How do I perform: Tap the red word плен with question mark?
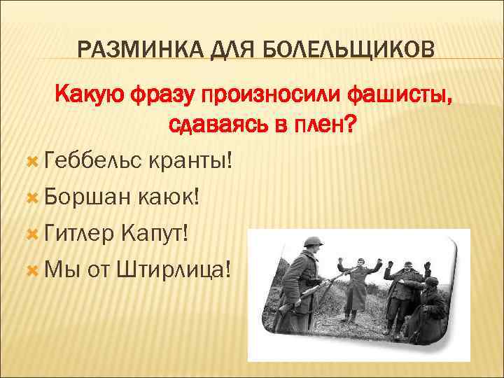[x=326, y=126]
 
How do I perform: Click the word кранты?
[x=190, y=162]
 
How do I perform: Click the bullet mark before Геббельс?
[x=30, y=162]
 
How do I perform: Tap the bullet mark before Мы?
[x=30, y=269]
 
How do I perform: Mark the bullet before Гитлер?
[x=30, y=233]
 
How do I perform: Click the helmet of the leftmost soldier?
[x=310, y=242]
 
